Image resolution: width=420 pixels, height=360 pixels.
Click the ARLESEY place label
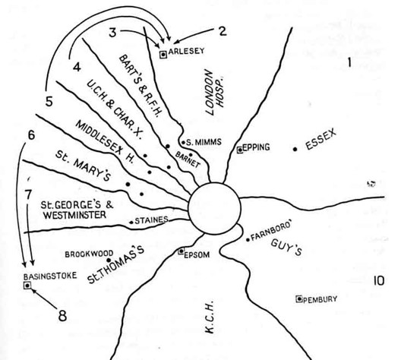click(186, 51)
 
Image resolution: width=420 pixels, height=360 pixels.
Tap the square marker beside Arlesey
click(163, 55)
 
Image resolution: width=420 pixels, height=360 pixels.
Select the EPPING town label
click(256, 147)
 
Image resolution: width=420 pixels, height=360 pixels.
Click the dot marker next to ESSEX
click(295, 149)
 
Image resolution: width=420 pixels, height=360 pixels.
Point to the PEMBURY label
click(320, 299)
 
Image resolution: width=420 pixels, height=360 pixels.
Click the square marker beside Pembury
click(299, 298)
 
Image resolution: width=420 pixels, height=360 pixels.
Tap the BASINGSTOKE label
click(50, 276)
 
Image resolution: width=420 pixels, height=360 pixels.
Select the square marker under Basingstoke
click(27, 286)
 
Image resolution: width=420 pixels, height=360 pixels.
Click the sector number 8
click(62, 316)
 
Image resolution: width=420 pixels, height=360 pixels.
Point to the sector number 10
click(379, 281)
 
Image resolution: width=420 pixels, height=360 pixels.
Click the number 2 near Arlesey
click(223, 31)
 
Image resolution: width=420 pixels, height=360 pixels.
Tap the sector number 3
click(112, 33)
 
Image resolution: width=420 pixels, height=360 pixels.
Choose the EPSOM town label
click(197, 254)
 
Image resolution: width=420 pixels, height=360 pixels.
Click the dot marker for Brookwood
click(109, 260)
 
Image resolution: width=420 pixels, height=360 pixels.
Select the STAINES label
click(151, 220)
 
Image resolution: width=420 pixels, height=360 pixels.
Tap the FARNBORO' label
click(271, 232)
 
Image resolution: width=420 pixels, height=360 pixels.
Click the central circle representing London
click(214, 209)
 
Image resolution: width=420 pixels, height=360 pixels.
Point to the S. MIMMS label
click(204, 142)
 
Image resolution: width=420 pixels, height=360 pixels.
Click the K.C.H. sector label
click(210, 317)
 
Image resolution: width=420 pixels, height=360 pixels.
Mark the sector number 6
click(31, 135)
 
